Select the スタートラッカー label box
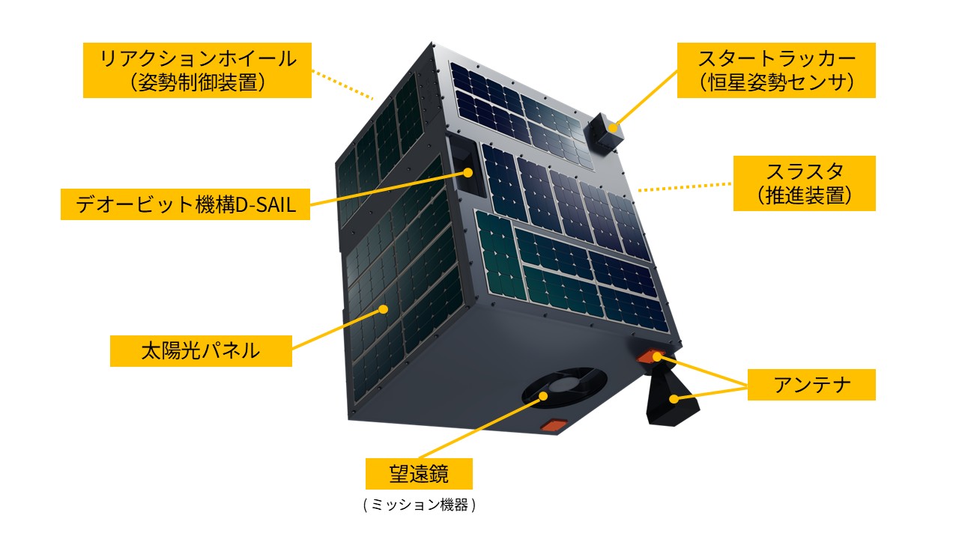[x=776, y=69]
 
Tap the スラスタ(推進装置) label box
[x=805, y=183]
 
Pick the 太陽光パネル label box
[x=201, y=350]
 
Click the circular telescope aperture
[x=564, y=387]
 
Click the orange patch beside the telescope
[x=555, y=425]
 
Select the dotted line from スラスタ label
[x=686, y=187]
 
